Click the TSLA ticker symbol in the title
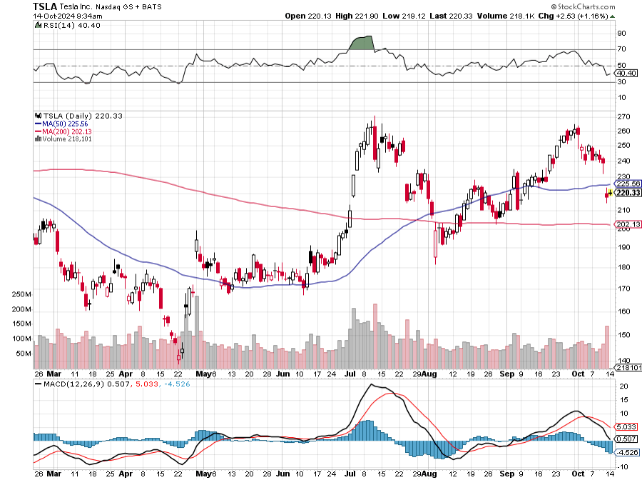point(46,6)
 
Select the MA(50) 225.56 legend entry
point(60,123)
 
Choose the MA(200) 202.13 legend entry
point(62,131)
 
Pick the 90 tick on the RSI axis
point(621,34)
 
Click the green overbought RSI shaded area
point(362,44)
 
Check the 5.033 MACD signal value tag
point(625,428)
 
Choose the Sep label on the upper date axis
point(507,373)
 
